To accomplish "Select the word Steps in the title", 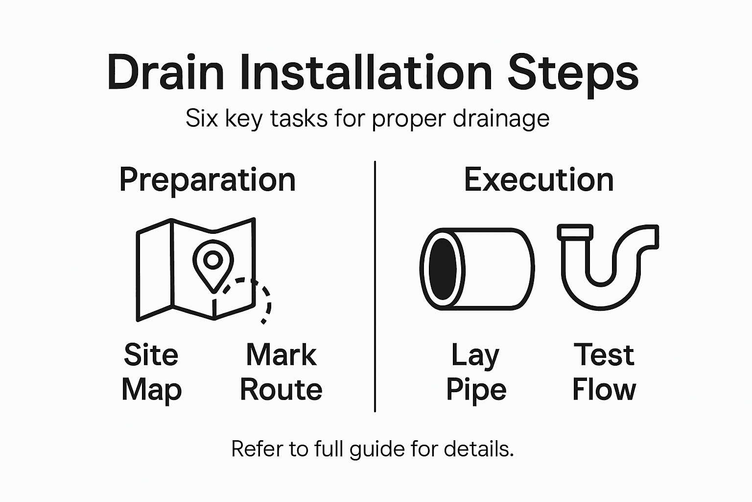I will pos(573,74).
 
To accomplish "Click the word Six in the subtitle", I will pos(202,119).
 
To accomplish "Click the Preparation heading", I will pos(208,180).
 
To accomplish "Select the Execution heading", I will pos(539,179).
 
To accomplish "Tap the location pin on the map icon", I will pos(213,263).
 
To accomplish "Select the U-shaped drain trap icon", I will pos(608,267).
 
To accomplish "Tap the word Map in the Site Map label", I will pos(151,390).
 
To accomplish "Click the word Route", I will pos(281,390).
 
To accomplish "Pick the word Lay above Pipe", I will pos(475,355).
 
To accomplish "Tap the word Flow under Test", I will pos(604,390).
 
